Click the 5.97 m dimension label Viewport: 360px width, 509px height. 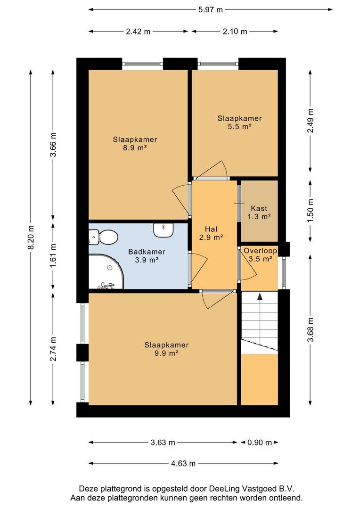(211, 10)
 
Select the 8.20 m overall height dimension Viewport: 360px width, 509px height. (31, 238)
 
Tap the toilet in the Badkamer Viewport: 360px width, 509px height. (103, 237)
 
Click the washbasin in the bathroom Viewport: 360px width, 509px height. (163, 230)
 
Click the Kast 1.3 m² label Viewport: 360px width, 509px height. (259, 212)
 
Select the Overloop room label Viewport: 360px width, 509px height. (261, 251)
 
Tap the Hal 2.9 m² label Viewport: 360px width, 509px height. (211, 233)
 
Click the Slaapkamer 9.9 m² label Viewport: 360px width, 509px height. (166, 349)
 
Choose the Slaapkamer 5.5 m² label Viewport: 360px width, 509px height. (239, 123)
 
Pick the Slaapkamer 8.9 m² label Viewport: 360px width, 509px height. (135, 143)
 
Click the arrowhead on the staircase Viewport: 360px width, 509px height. (260, 297)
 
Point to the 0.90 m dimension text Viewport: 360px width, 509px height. (259, 443)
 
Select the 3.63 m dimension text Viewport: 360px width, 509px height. (163, 443)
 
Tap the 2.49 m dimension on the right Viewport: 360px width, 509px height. (311, 121)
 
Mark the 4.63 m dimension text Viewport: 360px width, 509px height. (183, 464)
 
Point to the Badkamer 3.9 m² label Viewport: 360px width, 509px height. (147, 256)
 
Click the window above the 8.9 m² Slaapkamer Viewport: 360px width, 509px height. (143, 64)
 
